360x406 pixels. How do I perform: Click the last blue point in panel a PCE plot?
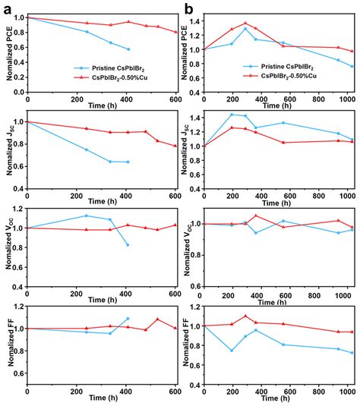128,49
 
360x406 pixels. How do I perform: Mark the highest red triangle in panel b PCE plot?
245,24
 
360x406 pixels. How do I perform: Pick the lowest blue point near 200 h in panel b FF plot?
232,351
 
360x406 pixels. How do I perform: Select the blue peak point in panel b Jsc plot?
232,115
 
